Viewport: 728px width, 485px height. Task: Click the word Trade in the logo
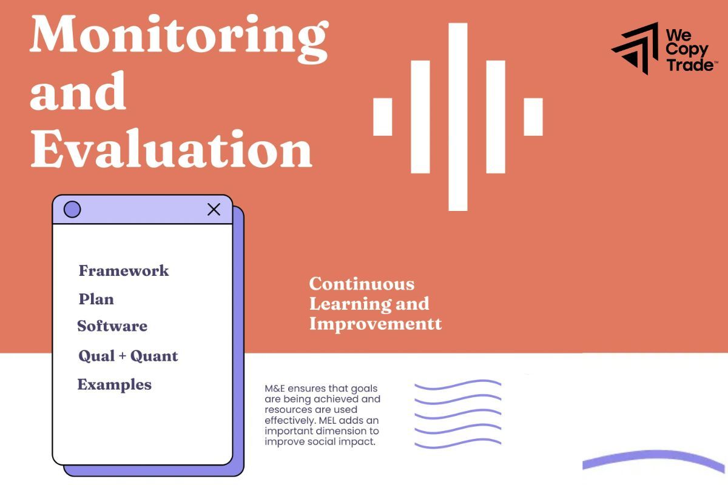click(690, 65)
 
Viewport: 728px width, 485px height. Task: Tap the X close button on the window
click(214, 210)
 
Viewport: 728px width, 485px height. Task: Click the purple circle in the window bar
click(72, 210)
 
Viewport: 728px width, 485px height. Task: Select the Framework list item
click(124, 270)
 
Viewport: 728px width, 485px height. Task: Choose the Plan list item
click(96, 299)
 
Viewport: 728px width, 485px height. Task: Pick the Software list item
click(112, 326)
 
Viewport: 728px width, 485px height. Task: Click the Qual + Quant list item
click(128, 356)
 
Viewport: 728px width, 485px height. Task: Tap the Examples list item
click(114, 384)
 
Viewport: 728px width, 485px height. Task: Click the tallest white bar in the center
click(458, 116)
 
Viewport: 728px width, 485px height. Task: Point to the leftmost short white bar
click(382, 116)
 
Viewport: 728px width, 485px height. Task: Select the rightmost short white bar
click(533, 116)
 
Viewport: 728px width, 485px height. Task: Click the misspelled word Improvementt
click(376, 323)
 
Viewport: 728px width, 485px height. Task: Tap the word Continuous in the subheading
click(362, 284)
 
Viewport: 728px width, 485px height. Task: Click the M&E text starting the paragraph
click(274, 388)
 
